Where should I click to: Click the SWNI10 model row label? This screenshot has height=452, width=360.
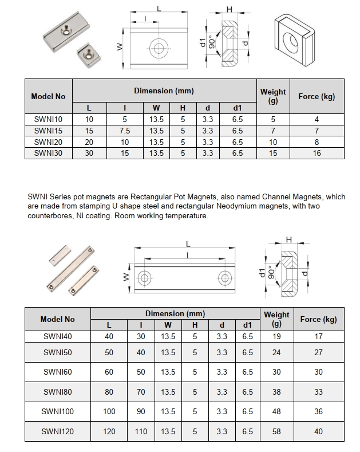[48, 120]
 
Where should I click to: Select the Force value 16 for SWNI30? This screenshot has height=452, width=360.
[317, 154]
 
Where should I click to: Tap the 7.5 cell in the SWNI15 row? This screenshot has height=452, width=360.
[125, 131]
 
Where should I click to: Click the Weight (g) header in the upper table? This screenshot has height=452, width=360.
[273, 96]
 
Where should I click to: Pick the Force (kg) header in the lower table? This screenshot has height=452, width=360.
[318, 319]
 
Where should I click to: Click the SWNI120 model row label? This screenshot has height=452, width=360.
[58, 431]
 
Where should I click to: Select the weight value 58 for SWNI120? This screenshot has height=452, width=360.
[276, 431]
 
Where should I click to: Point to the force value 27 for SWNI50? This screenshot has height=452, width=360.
[318, 352]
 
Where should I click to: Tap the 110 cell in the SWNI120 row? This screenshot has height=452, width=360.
[140, 431]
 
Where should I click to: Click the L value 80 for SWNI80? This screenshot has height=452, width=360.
[109, 392]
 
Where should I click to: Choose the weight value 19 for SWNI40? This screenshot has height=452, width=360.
[276, 337]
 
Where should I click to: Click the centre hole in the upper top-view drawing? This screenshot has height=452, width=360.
[157, 46]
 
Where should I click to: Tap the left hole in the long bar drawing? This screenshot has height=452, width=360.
[144, 278]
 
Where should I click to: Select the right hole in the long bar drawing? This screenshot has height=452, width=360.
[223, 278]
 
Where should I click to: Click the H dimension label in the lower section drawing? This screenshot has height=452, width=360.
[288, 239]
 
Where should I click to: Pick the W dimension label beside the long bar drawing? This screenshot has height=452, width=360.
[126, 278]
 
